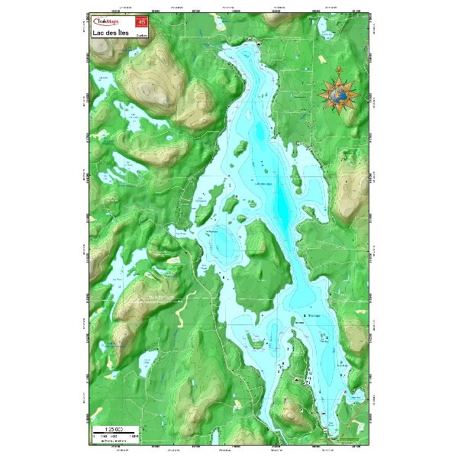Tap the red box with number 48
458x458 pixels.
point(141,23)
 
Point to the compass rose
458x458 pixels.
point(339,94)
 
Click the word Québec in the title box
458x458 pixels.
point(141,35)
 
